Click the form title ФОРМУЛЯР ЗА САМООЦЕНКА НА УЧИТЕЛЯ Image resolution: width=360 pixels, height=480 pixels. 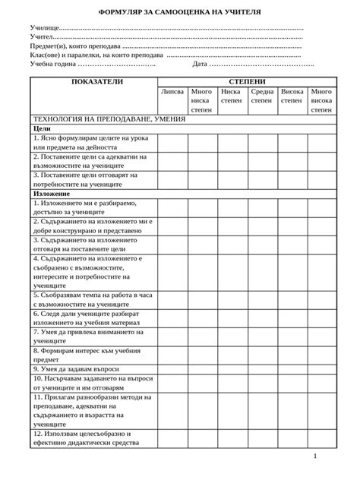click(179, 13)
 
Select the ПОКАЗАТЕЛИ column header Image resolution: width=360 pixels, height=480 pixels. click(91, 81)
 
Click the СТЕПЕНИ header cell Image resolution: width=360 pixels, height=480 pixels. click(245, 81)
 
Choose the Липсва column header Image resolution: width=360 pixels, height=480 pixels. click(172, 91)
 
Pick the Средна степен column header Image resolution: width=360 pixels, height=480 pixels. click(262, 96)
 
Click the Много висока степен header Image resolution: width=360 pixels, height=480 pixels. click(321, 99)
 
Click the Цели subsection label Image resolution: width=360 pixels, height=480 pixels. click(43, 129)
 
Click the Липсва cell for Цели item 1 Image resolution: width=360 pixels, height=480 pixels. click(172, 143)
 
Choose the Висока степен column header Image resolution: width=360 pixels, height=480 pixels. click(292, 96)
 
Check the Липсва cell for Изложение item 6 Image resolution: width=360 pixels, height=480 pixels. click(172, 317)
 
